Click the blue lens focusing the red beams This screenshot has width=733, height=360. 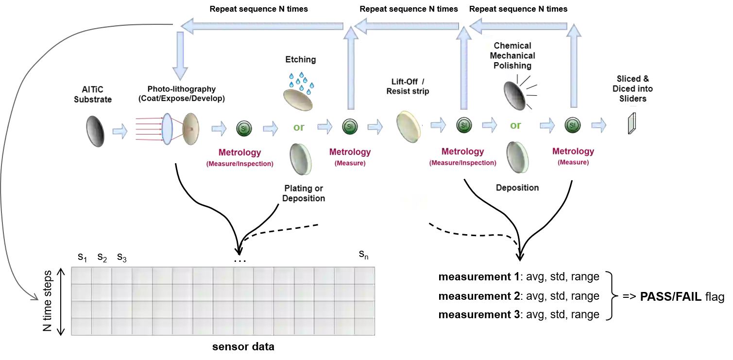coord(167,129)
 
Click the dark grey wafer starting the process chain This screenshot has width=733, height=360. coord(95,130)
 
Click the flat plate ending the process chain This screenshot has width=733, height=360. coord(631,124)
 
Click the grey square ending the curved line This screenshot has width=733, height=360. coord(33,297)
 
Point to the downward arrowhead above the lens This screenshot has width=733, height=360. coord(180,73)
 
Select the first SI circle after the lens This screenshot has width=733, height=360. coord(244,128)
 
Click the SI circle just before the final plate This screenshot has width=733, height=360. coord(573,125)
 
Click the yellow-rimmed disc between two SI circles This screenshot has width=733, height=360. coord(409,126)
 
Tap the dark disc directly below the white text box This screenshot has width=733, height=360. coord(515,96)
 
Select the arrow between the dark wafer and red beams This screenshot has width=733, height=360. coord(119,131)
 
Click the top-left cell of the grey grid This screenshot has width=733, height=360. coord(82,275)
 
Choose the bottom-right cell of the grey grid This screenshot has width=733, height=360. coord(365,326)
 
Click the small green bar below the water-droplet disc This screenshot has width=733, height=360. coord(298,128)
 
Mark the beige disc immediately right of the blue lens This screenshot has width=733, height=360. coord(191,129)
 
